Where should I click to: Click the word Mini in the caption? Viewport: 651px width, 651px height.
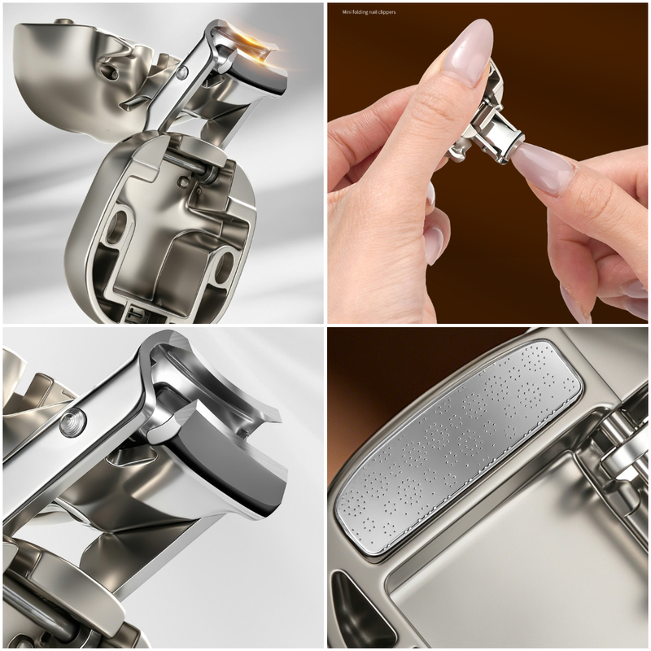[347, 12]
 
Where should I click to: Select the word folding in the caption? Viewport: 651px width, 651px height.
[360, 12]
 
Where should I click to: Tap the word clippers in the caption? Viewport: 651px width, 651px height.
[386, 12]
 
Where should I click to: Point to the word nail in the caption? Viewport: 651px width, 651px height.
[372, 12]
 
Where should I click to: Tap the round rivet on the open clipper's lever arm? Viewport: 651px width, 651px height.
[181, 74]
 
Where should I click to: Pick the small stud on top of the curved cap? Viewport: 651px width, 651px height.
[63, 21]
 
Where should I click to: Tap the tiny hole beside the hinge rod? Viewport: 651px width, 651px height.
[182, 180]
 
